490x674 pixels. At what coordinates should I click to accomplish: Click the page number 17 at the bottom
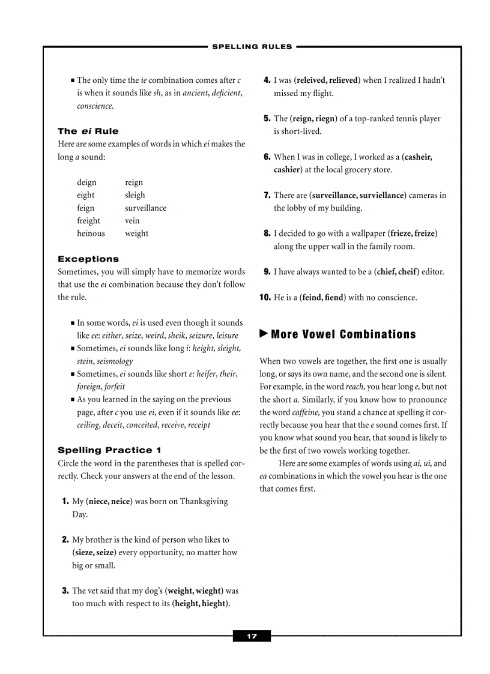[x=252, y=636]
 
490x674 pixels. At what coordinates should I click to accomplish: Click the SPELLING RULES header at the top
[x=252, y=46]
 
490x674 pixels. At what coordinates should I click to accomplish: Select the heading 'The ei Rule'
[x=88, y=131]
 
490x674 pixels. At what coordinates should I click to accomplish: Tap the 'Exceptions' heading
[x=88, y=259]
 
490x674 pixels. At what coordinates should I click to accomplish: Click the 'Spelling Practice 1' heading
[x=109, y=450]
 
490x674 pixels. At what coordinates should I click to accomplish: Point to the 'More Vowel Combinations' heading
[x=343, y=334]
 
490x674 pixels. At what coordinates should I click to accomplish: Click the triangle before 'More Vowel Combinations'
[x=264, y=334]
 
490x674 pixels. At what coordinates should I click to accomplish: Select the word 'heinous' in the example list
[x=91, y=233]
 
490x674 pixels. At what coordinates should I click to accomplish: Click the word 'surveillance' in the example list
[x=146, y=208]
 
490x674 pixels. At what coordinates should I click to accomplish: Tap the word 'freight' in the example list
[x=89, y=220]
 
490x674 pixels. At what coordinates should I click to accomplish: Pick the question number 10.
[x=265, y=297]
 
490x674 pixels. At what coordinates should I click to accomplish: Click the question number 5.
[x=267, y=118]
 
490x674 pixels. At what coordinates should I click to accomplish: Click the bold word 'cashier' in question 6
[x=287, y=170]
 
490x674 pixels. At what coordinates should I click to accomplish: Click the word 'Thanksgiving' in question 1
[x=204, y=501]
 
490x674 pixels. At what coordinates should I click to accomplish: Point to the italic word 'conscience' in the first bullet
[x=94, y=106]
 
